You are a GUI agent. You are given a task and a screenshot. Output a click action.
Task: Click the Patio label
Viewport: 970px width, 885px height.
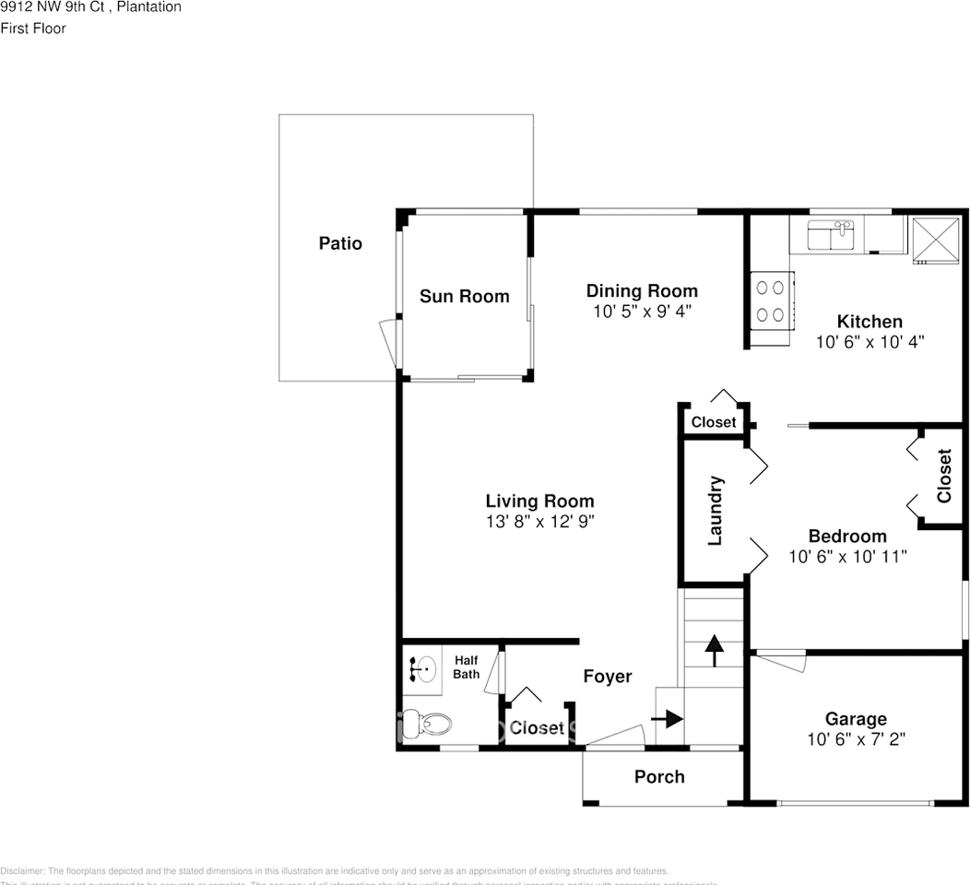(x=340, y=243)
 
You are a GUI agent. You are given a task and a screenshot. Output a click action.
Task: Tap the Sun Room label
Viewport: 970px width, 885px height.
(x=464, y=296)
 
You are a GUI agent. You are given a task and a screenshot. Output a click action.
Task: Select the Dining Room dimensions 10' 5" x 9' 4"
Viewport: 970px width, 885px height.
(x=642, y=312)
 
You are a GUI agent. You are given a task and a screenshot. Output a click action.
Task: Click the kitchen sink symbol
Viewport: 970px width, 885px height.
(x=833, y=235)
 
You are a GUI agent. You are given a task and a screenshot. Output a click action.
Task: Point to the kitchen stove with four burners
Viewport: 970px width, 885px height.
(x=772, y=301)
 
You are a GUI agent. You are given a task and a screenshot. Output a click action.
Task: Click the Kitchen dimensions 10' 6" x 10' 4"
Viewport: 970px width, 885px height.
(x=869, y=341)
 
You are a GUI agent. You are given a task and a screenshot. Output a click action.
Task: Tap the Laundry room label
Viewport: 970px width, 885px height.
(x=716, y=510)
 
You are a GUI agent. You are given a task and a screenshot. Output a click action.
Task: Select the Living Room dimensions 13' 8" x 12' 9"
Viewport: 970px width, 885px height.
(x=539, y=521)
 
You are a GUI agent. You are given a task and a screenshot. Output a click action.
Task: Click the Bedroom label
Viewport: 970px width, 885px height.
(x=847, y=536)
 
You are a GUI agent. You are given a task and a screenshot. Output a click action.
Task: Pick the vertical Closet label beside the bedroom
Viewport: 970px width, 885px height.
(x=944, y=476)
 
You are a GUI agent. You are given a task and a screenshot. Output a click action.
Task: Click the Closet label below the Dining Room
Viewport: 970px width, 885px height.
(x=714, y=422)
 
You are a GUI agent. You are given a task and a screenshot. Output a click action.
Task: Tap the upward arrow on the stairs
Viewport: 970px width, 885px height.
(x=714, y=650)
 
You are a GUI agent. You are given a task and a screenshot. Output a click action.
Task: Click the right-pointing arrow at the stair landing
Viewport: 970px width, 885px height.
(x=667, y=718)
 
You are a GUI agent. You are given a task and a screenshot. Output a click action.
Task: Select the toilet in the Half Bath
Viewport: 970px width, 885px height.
(x=426, y=722)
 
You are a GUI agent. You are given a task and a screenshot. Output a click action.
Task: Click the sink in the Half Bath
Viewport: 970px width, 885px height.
(x=423, y=667)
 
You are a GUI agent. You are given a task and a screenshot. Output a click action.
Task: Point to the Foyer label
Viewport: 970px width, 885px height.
(x=608, y=677)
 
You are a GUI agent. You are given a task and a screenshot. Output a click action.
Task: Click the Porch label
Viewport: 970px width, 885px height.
(x=659, y=777)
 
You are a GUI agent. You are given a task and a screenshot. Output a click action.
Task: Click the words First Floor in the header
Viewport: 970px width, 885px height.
(x=33, y=28)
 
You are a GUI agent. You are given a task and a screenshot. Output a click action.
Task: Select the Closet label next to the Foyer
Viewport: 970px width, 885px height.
(x=537, y=727)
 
